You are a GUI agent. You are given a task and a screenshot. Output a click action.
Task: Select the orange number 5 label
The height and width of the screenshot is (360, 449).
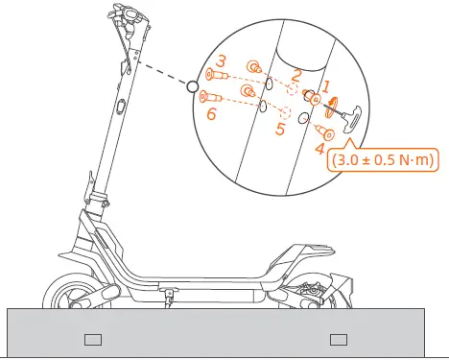pos(278,128)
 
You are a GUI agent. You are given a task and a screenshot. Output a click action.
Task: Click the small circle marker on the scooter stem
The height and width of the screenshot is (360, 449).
pos(192,87)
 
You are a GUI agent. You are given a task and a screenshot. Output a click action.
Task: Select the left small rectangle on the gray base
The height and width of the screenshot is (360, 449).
pos(93,338)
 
